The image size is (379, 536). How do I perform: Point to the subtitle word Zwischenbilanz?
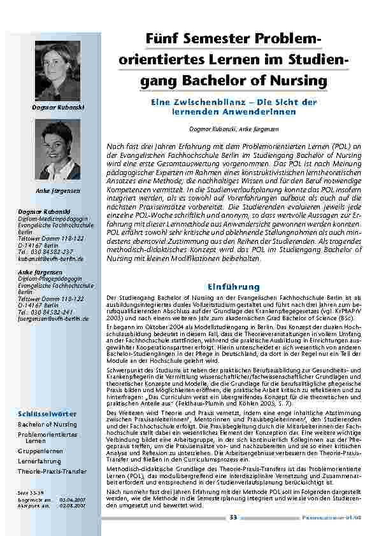point(204,102)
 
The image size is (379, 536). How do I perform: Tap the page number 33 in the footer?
point(233,518)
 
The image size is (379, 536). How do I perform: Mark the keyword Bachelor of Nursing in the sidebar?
point(47,424)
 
